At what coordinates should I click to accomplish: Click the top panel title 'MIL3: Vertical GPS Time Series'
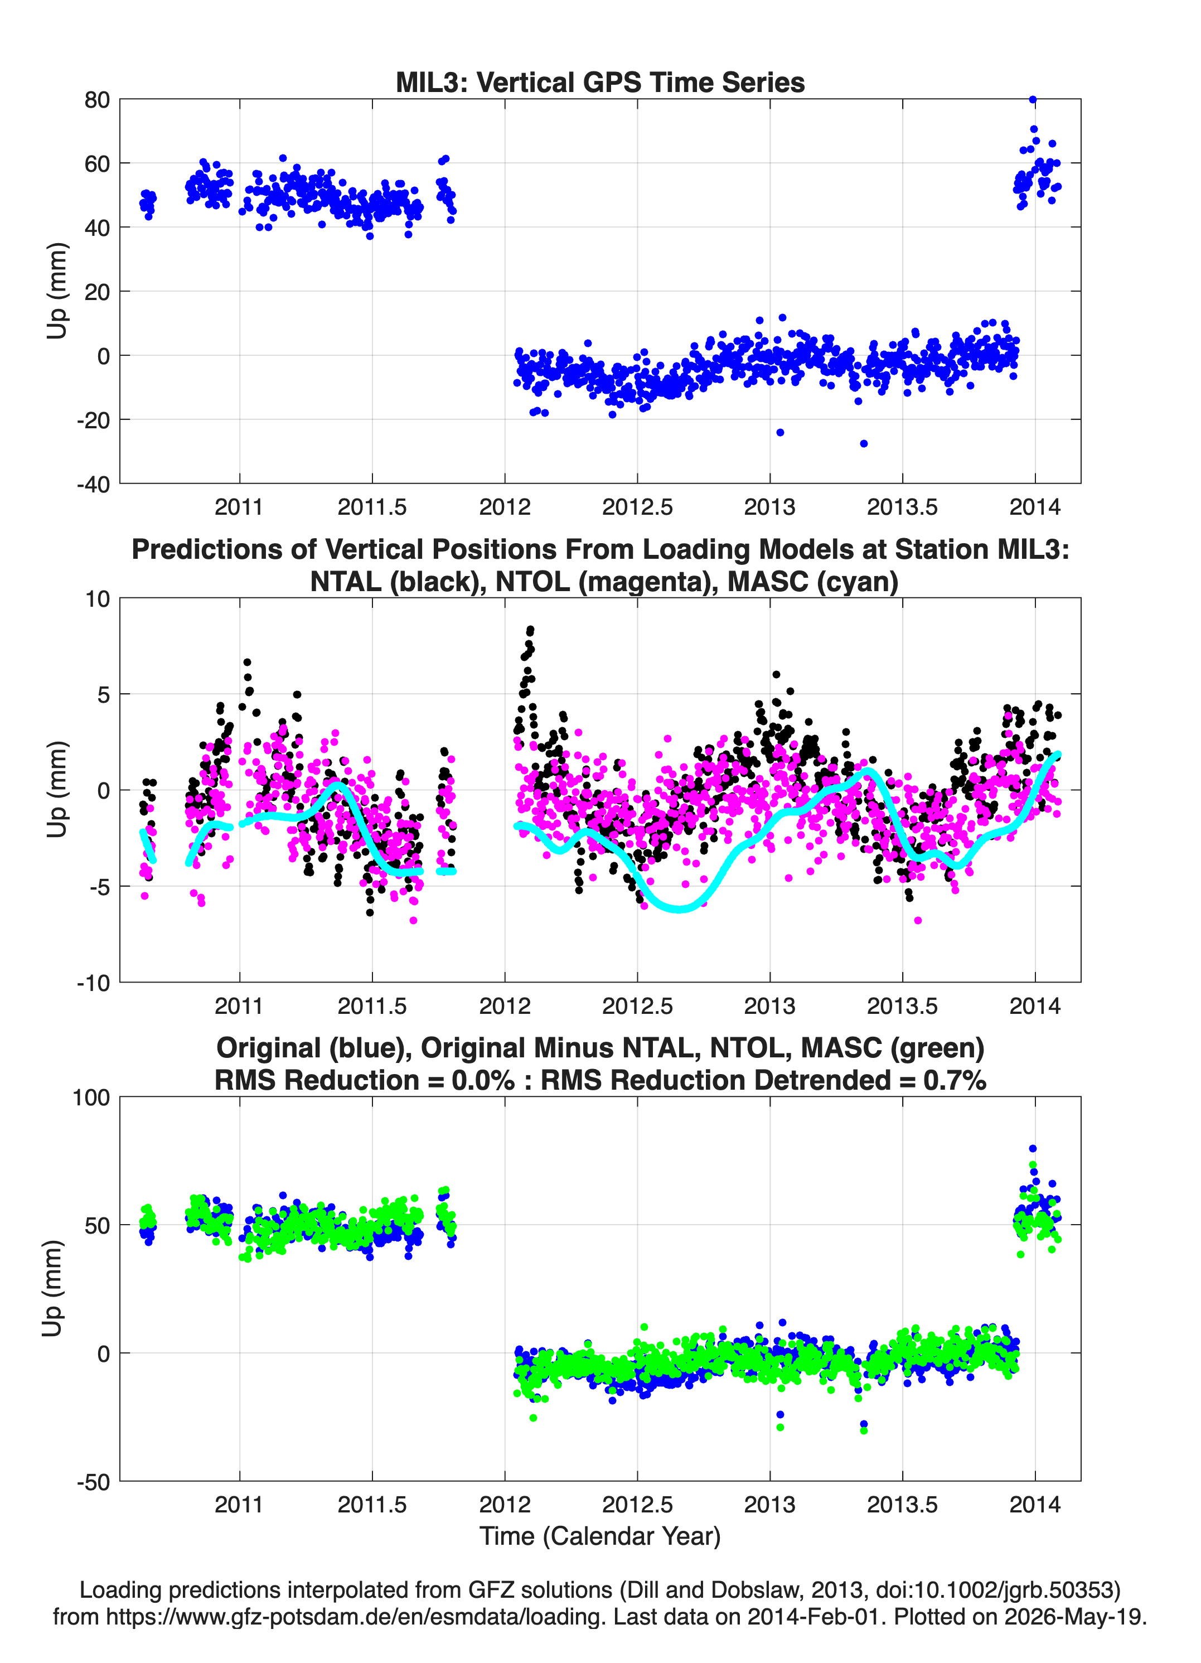tap(600, 82)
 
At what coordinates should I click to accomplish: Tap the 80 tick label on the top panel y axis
tap(97, 100)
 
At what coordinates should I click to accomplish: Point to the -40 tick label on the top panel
tap(93, 484)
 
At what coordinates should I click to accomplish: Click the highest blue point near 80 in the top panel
tap(1033, 100)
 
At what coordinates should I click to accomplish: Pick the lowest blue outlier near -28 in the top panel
tap(864, 443)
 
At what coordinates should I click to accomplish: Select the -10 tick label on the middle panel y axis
tap(93, 983)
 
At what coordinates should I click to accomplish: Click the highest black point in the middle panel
tap(530, 630)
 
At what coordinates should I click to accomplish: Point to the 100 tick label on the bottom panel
tap(91, 1098)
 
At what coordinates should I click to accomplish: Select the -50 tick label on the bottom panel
tap(93, 1482)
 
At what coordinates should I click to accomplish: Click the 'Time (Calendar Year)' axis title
tap(600, 1536)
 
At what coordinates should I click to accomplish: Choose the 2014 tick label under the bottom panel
tap(1034, 1505)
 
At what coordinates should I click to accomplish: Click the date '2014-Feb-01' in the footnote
tap(812, 1617)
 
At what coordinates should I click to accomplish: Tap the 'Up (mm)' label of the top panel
tap(56, 291)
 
